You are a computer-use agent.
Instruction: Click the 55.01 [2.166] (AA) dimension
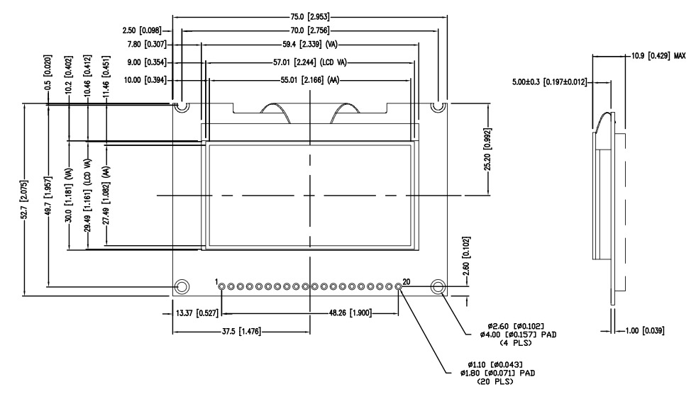(310, 81)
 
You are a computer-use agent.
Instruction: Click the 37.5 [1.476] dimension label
(239, 331)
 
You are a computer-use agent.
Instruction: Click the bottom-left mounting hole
(182, 286)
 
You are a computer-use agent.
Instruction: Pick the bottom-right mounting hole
(438, 286)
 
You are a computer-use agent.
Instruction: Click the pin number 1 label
(216, 281)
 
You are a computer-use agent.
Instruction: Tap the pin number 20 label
(406, 281)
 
